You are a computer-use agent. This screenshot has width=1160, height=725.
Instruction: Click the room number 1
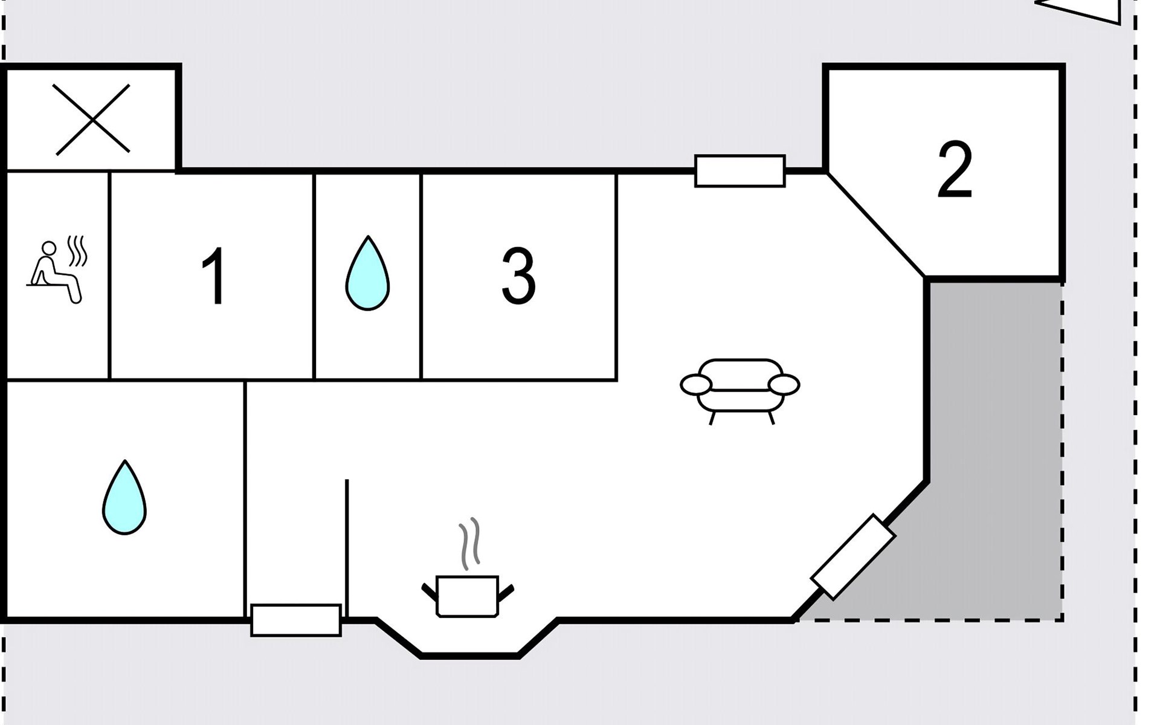[x=214, y=277]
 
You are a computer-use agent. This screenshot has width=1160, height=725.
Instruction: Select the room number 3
[x=518, y=277]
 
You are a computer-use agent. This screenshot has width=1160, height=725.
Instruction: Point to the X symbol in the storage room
[x=92, y=119]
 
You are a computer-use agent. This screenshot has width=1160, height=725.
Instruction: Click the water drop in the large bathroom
[x=124, y=498]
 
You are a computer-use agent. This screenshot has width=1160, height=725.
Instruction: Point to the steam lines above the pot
[x=470, y=544]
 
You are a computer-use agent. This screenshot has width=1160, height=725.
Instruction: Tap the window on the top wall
[x=740, y=171]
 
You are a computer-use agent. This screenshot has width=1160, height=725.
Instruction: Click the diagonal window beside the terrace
[x=853, y=556]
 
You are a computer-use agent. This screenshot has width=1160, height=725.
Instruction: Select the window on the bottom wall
[x=296, y=620]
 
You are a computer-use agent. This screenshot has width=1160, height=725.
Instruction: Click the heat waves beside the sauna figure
[x=77, y=251]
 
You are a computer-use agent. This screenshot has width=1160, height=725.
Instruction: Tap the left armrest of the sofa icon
[x=696, y=384]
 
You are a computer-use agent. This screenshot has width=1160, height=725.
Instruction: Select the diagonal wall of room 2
[x=876, y=225]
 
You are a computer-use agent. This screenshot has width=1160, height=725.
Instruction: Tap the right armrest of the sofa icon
[x=784, y=384]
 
